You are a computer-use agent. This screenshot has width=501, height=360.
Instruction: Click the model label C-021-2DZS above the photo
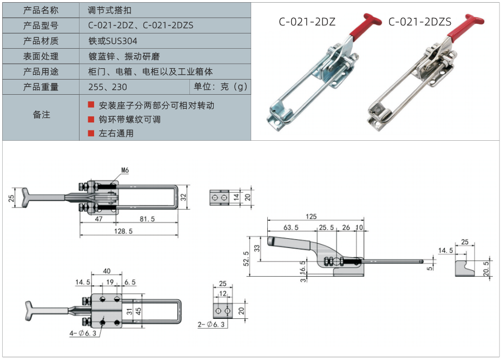click(x=419, y=22)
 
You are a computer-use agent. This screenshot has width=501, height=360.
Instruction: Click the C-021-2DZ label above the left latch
click(x=307, y=22)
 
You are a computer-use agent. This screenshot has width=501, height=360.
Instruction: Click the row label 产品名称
click(x=41, y=10)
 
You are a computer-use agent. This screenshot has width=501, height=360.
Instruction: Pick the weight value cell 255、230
click(x=107, y=87)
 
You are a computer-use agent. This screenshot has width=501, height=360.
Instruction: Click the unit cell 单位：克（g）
click(x=220, y=87)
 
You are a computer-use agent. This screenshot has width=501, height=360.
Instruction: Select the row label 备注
click(x=41, y=114)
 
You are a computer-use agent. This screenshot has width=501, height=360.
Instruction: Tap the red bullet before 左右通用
click(x=91, y=133)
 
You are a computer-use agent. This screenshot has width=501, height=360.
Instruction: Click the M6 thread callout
click(x=125, y=171)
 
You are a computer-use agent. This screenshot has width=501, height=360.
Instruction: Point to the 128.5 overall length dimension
click(x=124, y=231)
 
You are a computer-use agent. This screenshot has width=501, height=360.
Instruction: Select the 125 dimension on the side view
click(x=311, y=217)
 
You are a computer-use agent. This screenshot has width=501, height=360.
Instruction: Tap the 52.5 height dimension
click(x=247, y=258)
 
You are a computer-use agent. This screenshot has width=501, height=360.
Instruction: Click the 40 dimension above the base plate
click(x=107, y=271)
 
